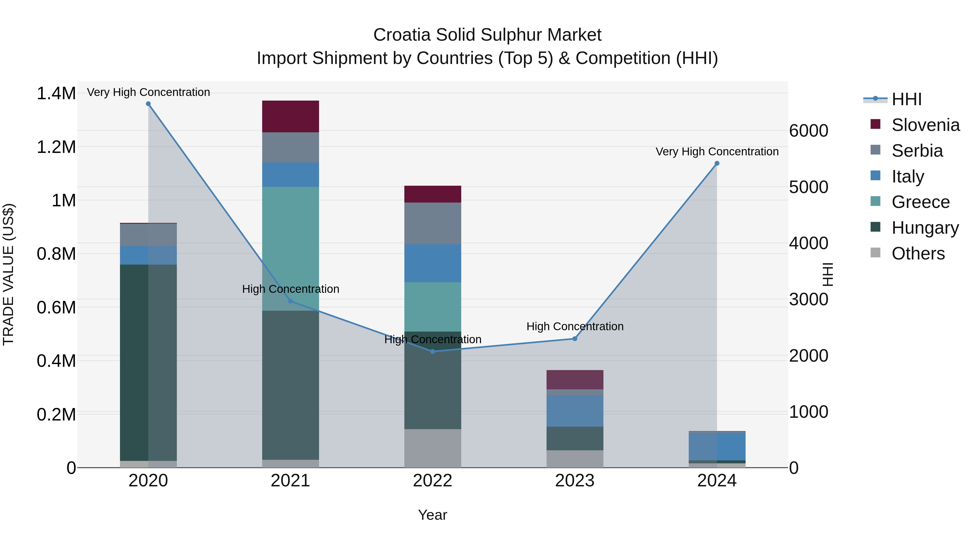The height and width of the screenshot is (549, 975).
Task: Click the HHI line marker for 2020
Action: [148, 104]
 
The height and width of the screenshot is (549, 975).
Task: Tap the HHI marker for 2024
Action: [717, 163]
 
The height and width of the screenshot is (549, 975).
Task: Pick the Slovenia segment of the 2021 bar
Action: [290, 116]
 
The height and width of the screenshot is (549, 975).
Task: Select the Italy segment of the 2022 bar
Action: [433, 263]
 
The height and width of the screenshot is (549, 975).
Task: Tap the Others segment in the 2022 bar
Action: [433, 448]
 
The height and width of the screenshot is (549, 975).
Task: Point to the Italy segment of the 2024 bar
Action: [717, 446]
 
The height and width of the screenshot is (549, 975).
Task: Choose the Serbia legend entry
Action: [917, 151]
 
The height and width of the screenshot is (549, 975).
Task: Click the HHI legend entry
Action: [906, 99]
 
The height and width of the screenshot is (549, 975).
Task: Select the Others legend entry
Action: [918, 253]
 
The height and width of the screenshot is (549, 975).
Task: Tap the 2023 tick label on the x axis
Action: [574, 481]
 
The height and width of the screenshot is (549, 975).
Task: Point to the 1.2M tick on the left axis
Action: [56, 147]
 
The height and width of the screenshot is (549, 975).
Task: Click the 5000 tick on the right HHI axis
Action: [808, 187]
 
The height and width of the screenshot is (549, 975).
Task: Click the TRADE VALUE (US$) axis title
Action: [8, 274]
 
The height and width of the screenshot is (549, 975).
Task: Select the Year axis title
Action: [432, 515]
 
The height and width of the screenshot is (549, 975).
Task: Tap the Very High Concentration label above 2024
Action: [717, 152]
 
